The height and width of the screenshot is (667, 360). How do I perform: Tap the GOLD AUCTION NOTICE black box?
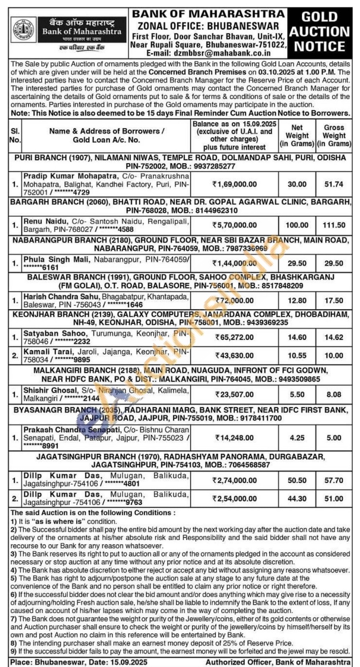(320, 32)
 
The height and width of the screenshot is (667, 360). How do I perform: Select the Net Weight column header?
(297, 135)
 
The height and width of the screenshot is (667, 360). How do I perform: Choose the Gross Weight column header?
(334, 135)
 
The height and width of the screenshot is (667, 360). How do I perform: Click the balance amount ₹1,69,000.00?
(235, 184)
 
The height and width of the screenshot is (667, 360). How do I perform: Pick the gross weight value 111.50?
(334, 225)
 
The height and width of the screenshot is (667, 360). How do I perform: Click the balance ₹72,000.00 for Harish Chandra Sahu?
(235, 301)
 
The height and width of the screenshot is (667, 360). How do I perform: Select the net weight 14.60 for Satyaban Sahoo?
(297, 337)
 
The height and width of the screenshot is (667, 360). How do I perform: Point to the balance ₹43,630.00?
(235, 355)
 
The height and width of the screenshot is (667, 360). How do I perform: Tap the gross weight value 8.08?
(334, 394)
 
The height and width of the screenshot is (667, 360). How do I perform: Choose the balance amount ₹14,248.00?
(235, 437)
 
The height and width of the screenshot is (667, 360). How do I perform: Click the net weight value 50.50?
(297, 480)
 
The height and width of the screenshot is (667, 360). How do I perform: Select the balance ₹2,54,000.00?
(235, 499)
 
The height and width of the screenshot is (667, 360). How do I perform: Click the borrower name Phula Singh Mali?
(56, 259)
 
